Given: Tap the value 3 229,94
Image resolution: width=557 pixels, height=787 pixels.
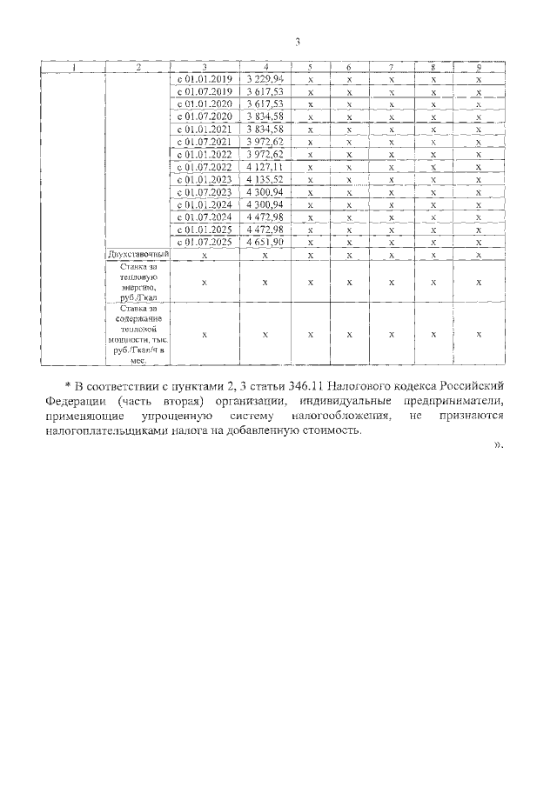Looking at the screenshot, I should pyautogui.click(x=265, y=78).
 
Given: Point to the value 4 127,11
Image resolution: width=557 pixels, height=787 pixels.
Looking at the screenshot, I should pyautogui.click(x=265, y=166).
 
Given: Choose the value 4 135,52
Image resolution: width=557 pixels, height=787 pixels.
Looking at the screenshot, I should pyautogui.click(x=265, y=179).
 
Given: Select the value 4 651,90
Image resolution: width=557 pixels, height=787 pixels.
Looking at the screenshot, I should pyautogui.click(x=265, y=242).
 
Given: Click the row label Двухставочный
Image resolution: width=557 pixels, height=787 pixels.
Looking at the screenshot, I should pyautogui.click(x=138, y=254).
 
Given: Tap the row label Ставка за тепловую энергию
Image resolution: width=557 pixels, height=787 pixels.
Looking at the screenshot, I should pyautogui.click(x=138, y=282).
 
